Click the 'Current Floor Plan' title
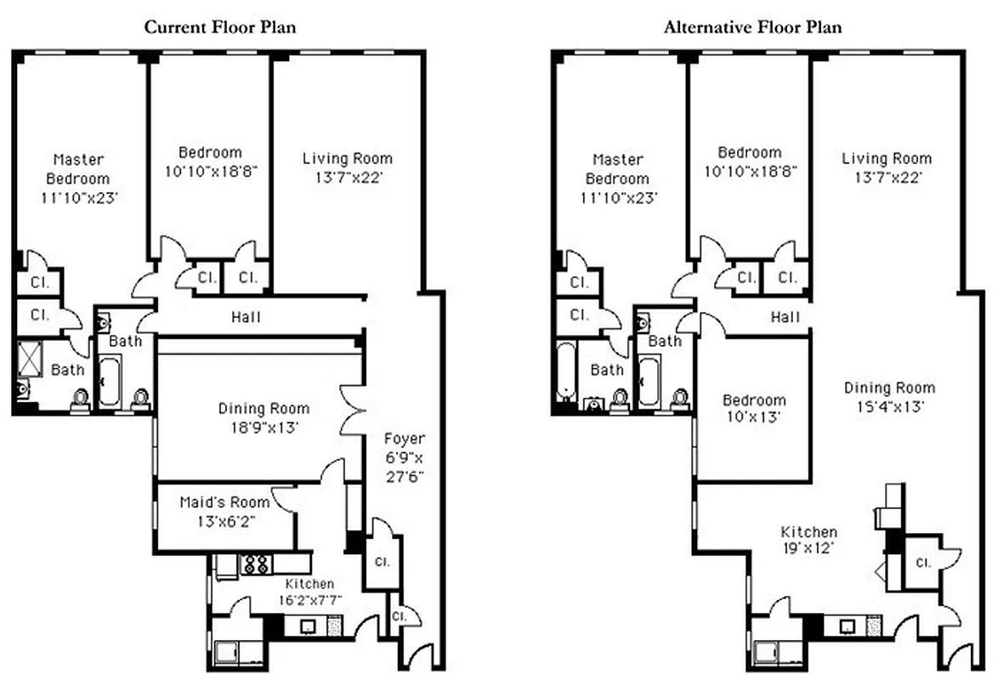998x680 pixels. (219, 27)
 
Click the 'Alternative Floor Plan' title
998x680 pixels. (752, 27)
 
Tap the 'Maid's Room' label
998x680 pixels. (224, 502)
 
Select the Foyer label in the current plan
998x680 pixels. (404, 439)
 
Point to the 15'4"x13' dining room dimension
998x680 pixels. (889, 406)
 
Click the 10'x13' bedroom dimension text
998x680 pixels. (754, 418)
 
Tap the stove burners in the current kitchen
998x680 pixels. (257, 563)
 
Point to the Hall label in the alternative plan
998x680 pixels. (785, 317)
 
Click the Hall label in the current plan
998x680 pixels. (246, 317)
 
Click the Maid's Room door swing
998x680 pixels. (283, 500)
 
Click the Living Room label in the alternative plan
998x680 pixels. (887, 158)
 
